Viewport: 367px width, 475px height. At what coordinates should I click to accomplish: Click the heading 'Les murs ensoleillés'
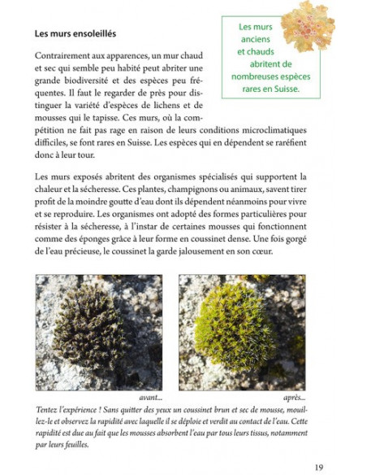76,34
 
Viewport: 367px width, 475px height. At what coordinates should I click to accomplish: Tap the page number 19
318,466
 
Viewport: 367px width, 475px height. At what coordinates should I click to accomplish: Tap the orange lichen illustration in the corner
307,24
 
